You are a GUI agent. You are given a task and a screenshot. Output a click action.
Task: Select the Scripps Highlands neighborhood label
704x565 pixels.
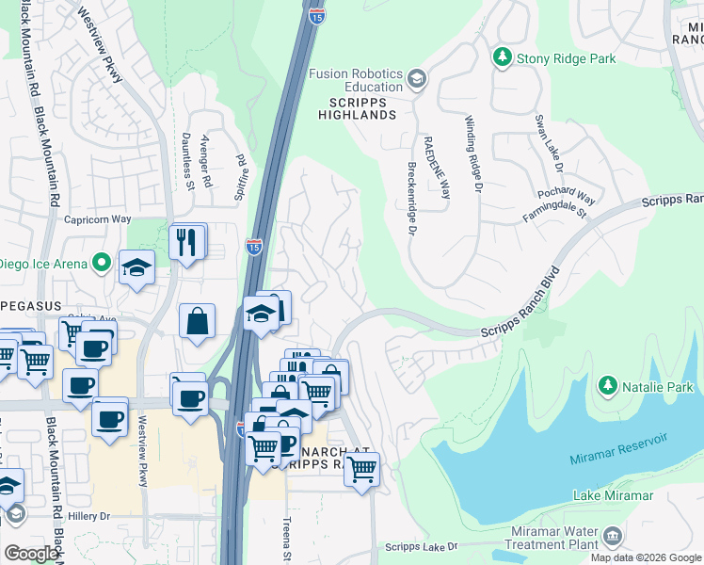pyautogui.click(x=362, y=107)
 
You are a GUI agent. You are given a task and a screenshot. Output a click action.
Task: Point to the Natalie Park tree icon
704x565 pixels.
pyautogui.click(x=608, y=386)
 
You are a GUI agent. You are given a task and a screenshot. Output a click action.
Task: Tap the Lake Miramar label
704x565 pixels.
pyautogui.click(x=613, y=495)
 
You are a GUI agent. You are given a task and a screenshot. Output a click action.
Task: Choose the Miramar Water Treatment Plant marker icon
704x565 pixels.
pyautogui.click(x=613, y=537)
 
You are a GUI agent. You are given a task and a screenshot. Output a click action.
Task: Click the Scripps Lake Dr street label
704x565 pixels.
pyautogui.click(x=421, y=547)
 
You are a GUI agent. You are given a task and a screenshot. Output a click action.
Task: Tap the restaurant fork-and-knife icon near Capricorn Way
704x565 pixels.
pyautogui.click(x=186, y=241)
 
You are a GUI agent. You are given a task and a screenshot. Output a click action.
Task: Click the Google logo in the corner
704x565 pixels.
pyautogui.click(x=31, y=554)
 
